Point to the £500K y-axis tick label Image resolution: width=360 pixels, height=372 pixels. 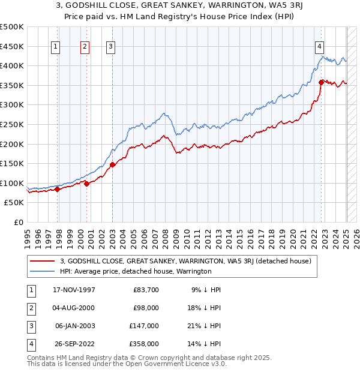pyautogui.click(x=12, y=27)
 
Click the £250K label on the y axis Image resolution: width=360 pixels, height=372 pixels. pyautogui.click(x=12, y=124)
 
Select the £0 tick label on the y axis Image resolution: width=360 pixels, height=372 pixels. pyautogui.click(x=18, y=222)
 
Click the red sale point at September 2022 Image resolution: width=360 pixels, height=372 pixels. pyautogui.click(x=322, y=82)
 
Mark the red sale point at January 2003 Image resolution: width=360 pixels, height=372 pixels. pyautogui.click(x=113, y=164)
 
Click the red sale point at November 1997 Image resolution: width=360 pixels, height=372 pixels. pyautogui.click(x=58, y=189)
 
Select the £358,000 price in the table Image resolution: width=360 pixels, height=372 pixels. pyautogui.click(x=145, y=344)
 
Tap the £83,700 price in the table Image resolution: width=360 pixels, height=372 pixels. pyautogui.click(x=146, y=290)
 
